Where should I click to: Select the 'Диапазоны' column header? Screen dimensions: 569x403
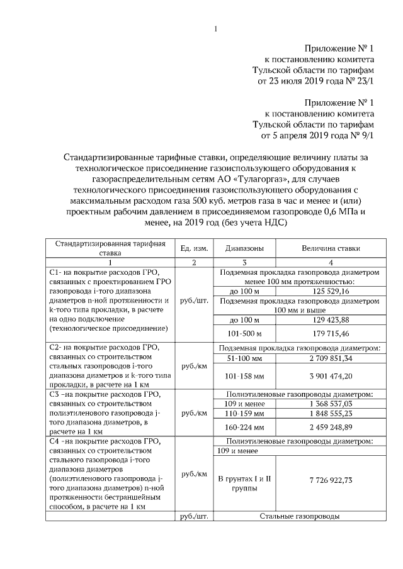tap(244, 248)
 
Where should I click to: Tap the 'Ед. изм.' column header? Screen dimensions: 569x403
tap(193, 248)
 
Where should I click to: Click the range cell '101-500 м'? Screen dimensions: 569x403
tap(244, 333)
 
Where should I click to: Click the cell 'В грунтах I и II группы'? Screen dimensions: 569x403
tap(244, 483)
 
